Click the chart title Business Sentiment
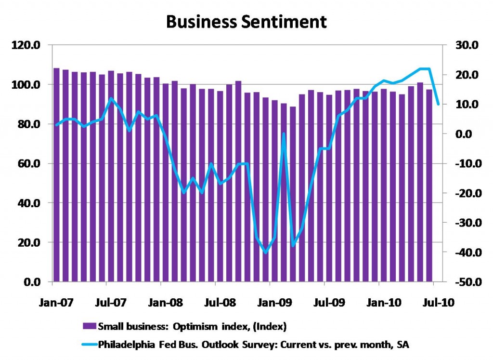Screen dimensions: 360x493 pos(246,22)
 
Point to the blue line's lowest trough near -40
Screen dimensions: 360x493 pos(265,252)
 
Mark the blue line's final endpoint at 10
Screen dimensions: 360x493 pos(438,104)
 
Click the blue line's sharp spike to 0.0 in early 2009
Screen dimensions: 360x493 pos(284,134)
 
